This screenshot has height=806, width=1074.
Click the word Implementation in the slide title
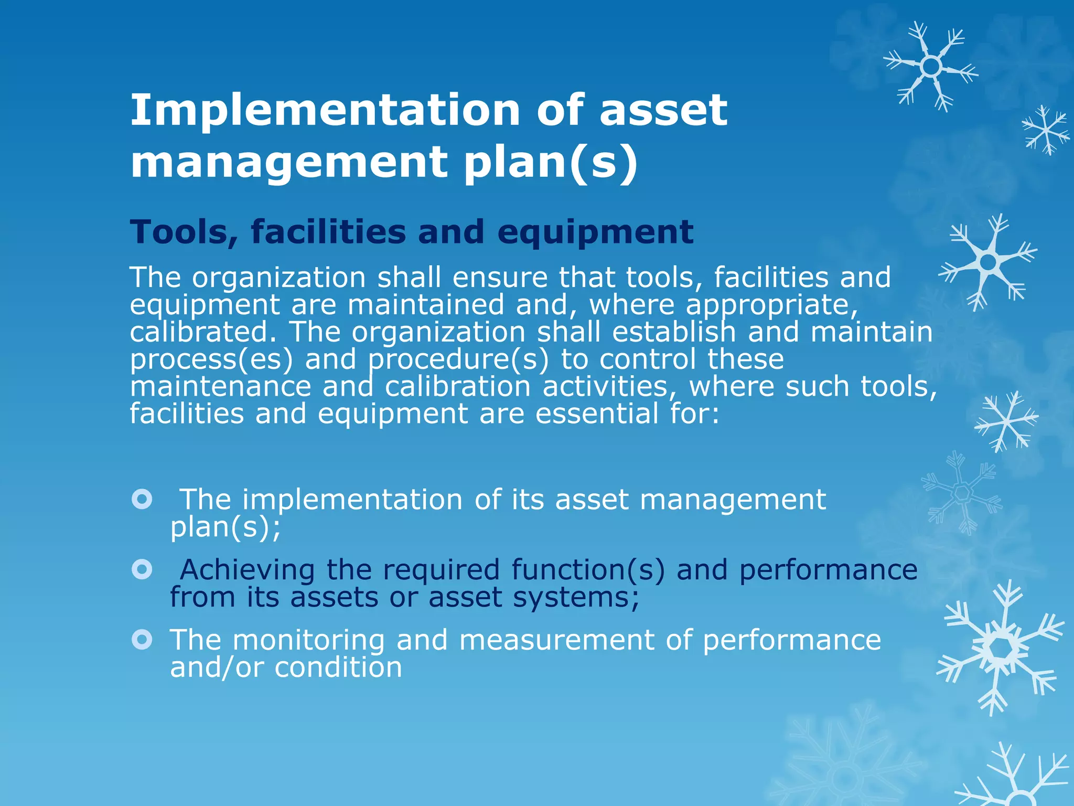(325, 110)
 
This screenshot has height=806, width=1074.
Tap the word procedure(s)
(458, 359)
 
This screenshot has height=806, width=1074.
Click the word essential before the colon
(597, 413)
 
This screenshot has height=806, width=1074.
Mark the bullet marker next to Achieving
(142, 569)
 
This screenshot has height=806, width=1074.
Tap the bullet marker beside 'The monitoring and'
(142, 639)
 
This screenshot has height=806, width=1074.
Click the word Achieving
(248, 570)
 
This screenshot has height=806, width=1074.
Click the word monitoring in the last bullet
(308, 640)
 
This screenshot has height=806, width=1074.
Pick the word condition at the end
(338, 667)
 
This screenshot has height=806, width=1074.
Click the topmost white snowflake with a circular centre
(931, 67)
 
